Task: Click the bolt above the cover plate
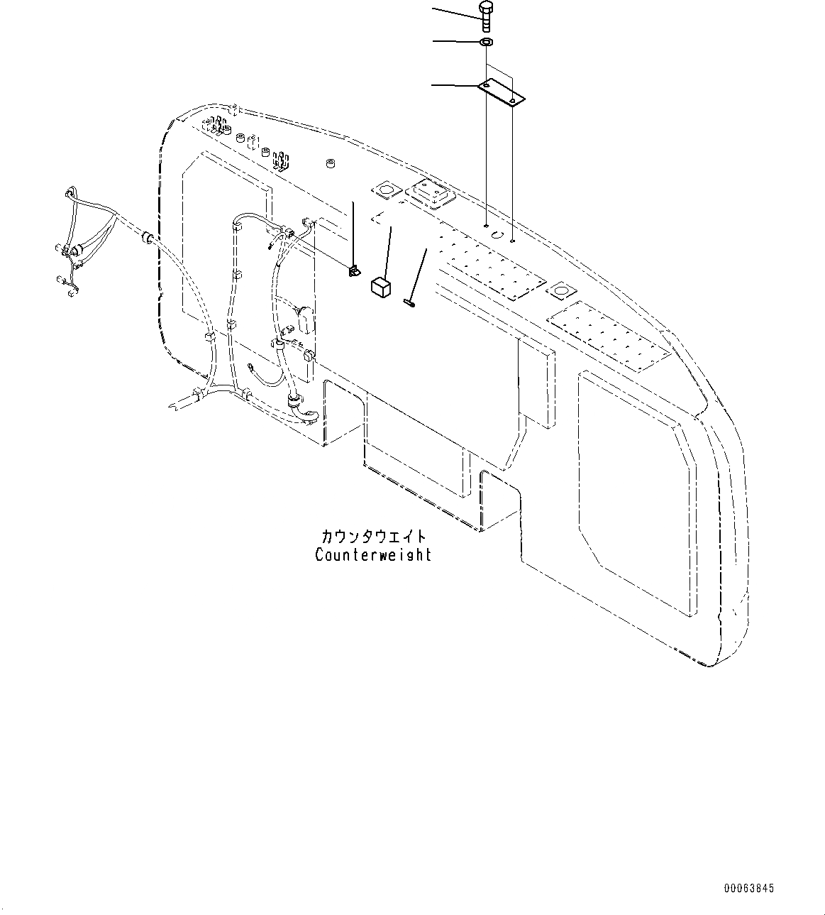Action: click(487, 16)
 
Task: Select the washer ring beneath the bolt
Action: click(487, 43)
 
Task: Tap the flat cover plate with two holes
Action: click(500, 93)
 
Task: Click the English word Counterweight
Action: click(373, 554)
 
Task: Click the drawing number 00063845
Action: click(749, 888)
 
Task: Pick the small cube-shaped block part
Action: click(381, 285)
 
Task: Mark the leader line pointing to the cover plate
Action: click(454, 86)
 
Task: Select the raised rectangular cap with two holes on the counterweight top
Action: click(428, 194)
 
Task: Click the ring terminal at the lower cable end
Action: click(252, 367)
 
